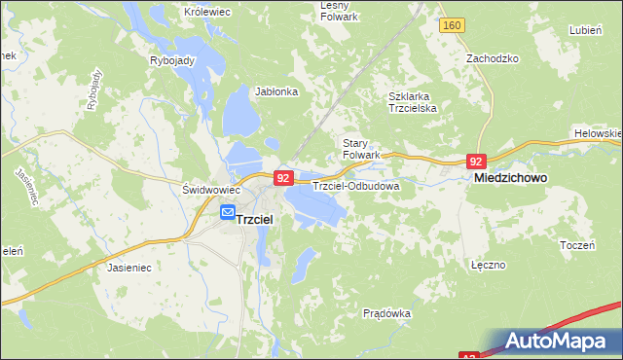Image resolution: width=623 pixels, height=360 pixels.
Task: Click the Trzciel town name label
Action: coord(256,220)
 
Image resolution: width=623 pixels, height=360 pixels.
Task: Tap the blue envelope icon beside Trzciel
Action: coord(227,212)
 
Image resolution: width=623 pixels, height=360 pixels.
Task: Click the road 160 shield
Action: coord(450,25)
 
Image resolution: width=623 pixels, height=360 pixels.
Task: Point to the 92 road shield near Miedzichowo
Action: coord(476,162)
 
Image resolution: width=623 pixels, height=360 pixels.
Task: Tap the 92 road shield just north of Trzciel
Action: coord(282,178)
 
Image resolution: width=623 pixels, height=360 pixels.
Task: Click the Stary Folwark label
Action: coord(360,149)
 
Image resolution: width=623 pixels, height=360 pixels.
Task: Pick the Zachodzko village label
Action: coord(493,58)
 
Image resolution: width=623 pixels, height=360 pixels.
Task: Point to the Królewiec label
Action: coord(205,12)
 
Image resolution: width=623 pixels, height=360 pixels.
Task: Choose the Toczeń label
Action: coord(577,245)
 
